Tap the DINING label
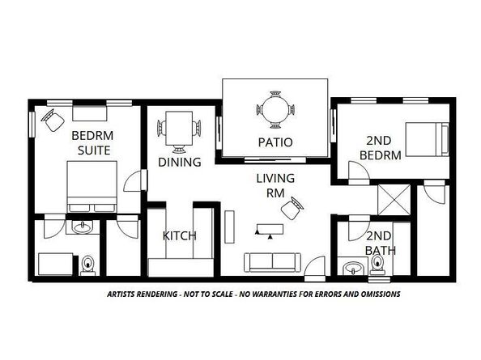pos(180,162)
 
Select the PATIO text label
pos(275,142)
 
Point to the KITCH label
pos(180,236)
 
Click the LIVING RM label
pos(275,185)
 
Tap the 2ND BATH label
pos(380,243)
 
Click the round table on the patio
pos(275,110)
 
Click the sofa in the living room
pos(272,261)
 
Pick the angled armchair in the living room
pos(292,210)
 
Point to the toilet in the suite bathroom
pos(88,265)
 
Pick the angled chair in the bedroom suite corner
pos(54,122)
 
